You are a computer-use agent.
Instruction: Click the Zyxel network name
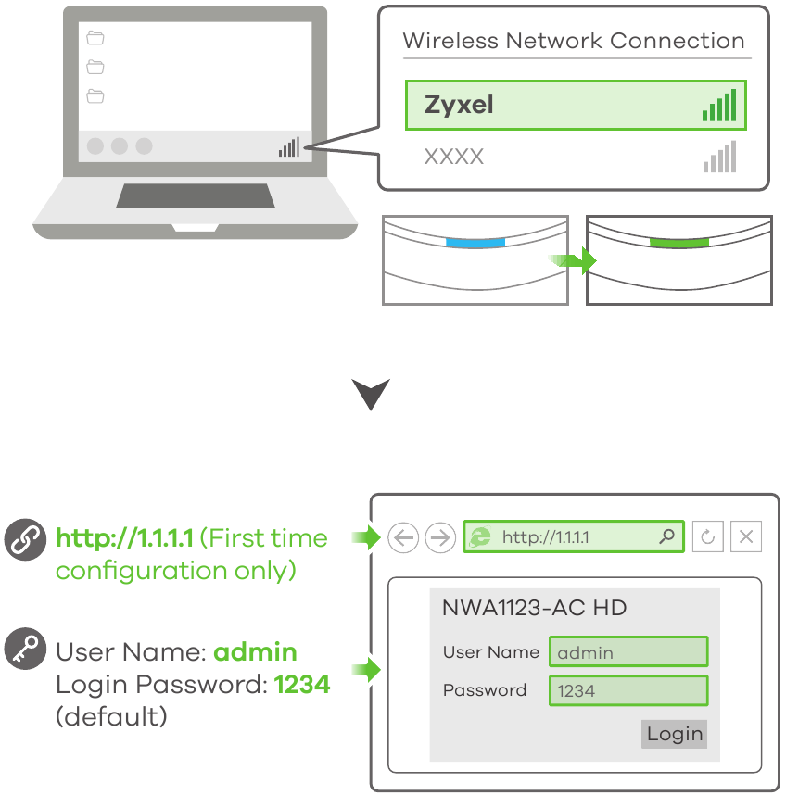click(x=459, y=105)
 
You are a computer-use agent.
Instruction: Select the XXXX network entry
click(x=454, y=157)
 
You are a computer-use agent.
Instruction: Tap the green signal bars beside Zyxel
click(x=719, y=106)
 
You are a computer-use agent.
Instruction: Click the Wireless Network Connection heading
click(x=574, y=41)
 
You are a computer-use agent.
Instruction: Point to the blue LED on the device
click(x=475, y=243)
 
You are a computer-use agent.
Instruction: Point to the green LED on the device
click(x=678, y=243)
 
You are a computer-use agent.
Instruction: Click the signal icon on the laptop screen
click(x=289, y=147)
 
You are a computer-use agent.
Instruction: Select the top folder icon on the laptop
click(x=95, y=38)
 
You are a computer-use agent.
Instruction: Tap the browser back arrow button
click(x=403, y=537)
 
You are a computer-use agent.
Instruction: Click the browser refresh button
click(x=707, y=537)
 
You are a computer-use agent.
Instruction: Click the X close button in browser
click(x=746, y=537)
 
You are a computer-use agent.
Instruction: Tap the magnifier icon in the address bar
click(x=666, y=536)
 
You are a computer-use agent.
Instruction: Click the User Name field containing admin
click(x=628, y=652)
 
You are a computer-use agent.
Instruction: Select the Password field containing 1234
click(x=628, y=690)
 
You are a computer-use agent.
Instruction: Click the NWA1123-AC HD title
click(x=534, y=608)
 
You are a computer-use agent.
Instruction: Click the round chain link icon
click(x=23, y=540)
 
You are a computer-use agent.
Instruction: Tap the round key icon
click(x=23, y=650)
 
